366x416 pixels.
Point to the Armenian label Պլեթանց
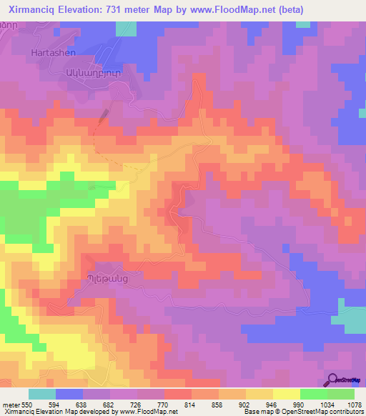click(102, 278)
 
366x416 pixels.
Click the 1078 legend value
click(354, 404)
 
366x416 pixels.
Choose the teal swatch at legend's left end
click(42, 394)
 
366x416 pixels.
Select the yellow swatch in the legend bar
click(287, 394)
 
